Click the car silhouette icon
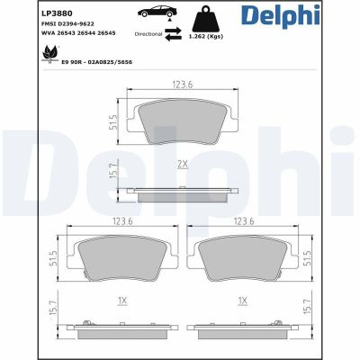pyautogui.click(x=157, y=15)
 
